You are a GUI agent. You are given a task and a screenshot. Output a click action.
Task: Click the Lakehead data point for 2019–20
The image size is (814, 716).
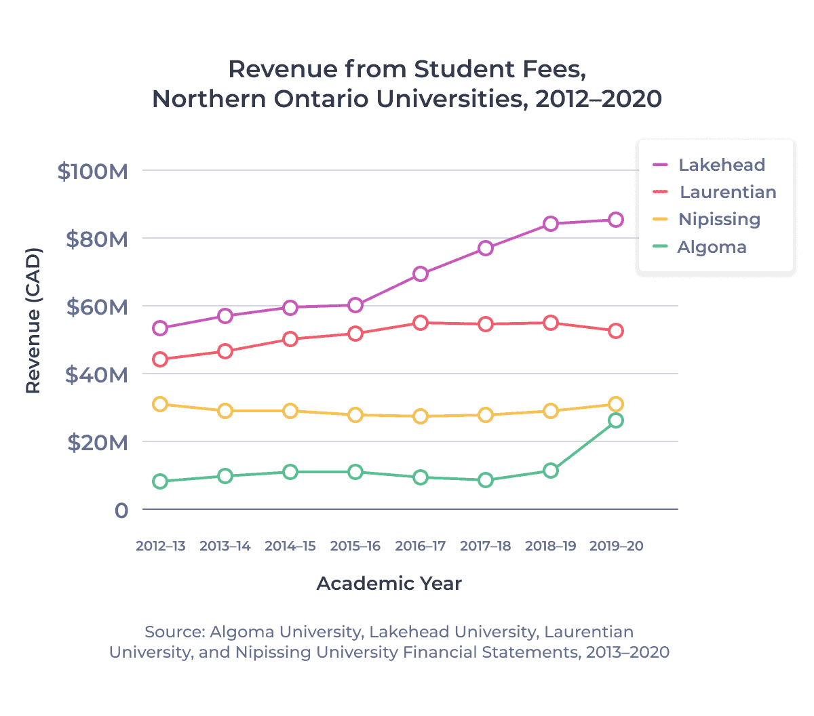[x=615, y=220]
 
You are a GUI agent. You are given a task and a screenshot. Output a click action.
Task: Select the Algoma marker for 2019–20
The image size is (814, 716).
[x=615, y=420]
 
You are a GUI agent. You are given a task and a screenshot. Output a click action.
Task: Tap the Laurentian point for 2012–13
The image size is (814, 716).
[x=160, y=359]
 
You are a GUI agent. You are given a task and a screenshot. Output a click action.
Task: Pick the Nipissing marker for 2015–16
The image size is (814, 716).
[x=355, y=415]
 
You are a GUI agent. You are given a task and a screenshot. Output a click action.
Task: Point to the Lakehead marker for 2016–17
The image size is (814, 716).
[x=421, y=274]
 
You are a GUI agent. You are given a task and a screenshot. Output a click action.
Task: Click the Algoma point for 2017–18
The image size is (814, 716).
[x=486, y=480]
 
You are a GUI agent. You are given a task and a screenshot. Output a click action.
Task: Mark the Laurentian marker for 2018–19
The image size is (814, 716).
[x=551, y=323]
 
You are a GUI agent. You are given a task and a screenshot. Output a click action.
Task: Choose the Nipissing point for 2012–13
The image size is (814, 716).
[x=160, y=404]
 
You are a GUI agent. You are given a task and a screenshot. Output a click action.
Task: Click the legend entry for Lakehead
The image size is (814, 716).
[x=721, y=165]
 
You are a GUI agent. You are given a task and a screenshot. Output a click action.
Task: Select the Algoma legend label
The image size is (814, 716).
[x=712, y=247]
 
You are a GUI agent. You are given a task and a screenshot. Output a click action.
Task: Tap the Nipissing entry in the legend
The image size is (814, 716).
[x=719, y=219]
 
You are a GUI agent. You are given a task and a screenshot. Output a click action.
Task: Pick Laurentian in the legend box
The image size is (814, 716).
[x=727, y=192]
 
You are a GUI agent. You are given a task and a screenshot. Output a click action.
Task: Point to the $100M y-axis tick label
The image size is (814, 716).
[x=93, y=172]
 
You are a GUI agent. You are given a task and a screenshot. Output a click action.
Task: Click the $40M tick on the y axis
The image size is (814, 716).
[x=96, y=375]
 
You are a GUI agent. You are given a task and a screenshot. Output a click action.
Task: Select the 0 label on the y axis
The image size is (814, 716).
[x=121, y=511]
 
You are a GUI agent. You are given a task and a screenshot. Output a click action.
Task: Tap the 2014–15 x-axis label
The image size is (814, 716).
[x=290, y=546]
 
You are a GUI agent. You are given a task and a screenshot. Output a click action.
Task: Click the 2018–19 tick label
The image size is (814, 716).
[x=551, y=546]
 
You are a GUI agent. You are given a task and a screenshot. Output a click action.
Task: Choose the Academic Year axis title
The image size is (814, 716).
[x=389, y=584]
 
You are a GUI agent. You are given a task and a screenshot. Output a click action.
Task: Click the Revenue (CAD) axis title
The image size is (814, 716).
[x=33, y=321]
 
